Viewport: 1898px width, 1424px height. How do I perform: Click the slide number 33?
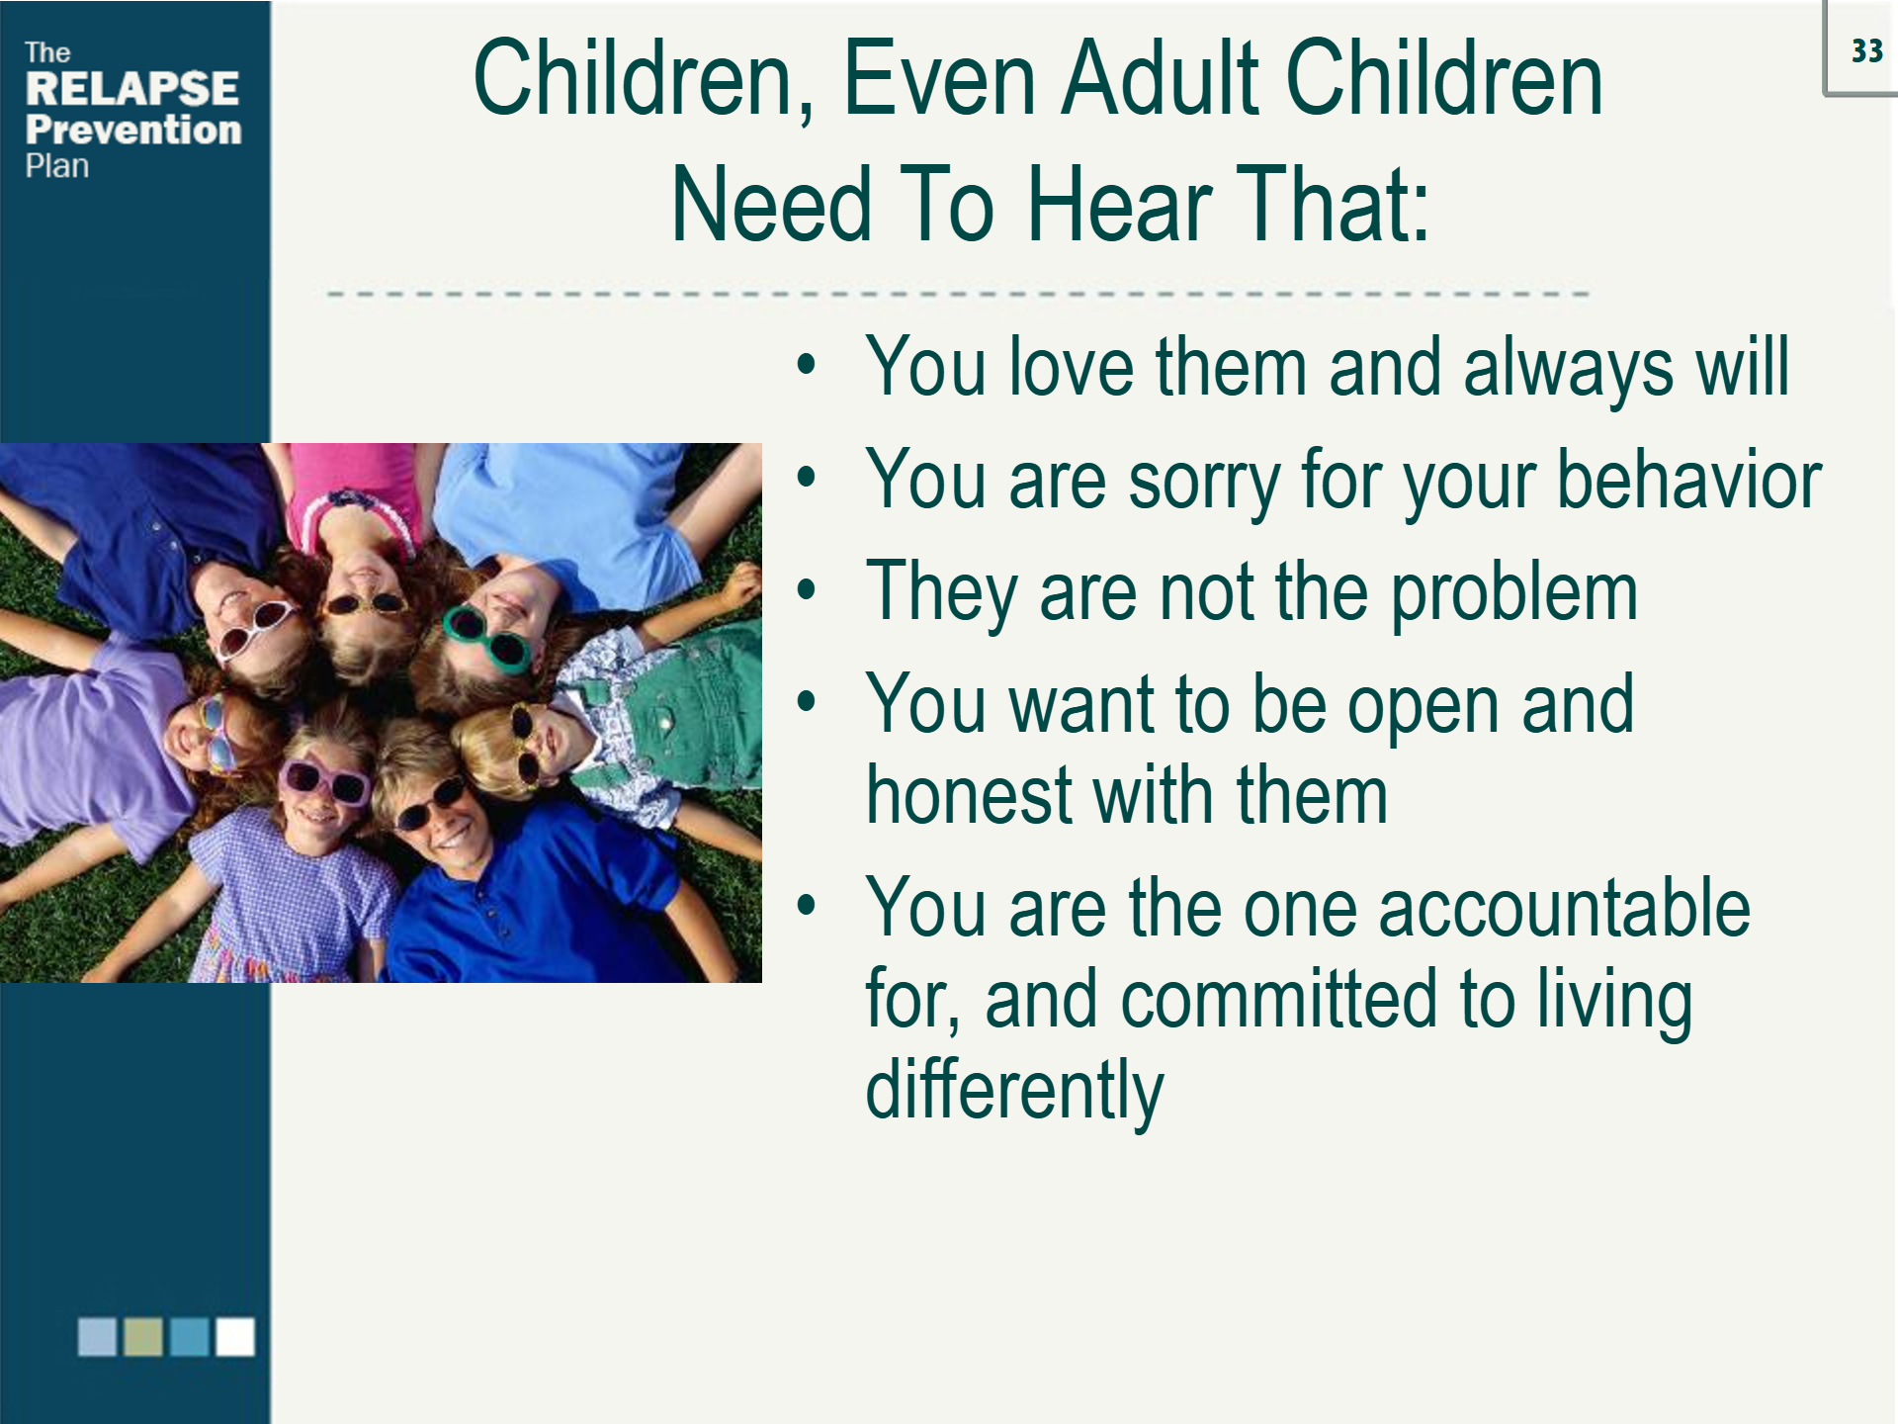tap(1866, 50)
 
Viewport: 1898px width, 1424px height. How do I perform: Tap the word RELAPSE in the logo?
tap(132, 88)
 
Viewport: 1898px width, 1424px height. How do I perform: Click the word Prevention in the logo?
tap(133, 130)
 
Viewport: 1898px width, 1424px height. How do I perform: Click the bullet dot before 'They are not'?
tap(807, 590)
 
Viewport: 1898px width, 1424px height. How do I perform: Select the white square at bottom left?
tap(235, 1336)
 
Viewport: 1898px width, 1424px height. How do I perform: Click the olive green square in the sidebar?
tap(143, 1336)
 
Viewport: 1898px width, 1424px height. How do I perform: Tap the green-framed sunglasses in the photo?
tap(486, 639)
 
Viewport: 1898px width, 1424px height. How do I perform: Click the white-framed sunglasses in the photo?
tap(256, 627)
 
